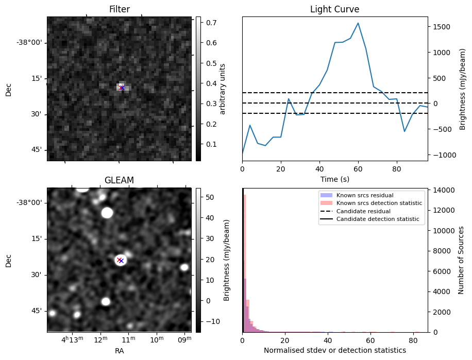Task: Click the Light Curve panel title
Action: [334, 9]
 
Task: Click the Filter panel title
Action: [119, 9]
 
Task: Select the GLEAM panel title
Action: [119, 180]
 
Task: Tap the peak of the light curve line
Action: [358, 23]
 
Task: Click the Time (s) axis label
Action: [334, 179]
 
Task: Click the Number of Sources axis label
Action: [462, 260]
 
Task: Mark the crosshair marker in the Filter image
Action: [122, 88]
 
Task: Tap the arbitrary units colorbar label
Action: [223, 89]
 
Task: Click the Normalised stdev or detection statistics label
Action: [334, 350]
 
